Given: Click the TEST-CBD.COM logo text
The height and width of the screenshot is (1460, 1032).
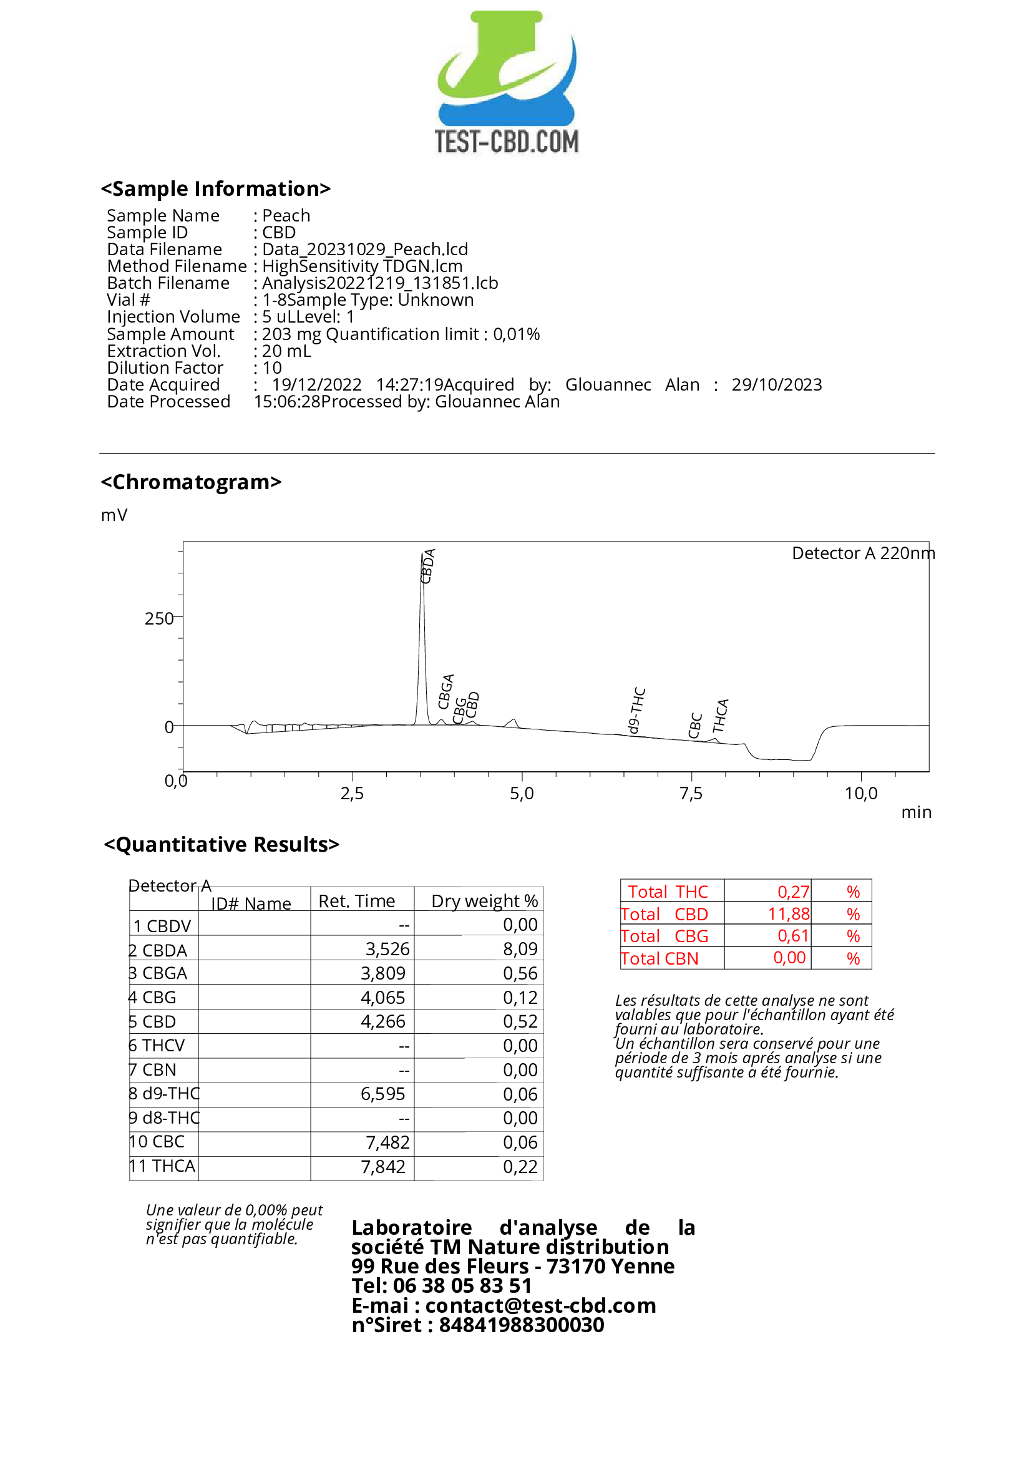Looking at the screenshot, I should tap(507, 142).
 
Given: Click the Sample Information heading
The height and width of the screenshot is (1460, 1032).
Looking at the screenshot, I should tap(215, 189).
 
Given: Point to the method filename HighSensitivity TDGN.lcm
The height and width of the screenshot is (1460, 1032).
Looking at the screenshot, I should tap(362, 266).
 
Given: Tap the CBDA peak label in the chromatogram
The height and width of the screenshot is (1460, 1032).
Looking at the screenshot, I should tap(428, 566).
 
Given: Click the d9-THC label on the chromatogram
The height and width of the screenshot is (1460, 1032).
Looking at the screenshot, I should tap(636, 710).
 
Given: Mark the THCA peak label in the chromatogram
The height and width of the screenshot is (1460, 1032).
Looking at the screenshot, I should tap(720, 716).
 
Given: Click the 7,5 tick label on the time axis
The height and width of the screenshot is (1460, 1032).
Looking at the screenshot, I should tap(691, 794).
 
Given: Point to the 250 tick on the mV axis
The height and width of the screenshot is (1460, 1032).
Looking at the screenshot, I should tap(158, 619).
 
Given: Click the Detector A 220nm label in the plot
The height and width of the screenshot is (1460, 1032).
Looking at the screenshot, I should tap(863, 553).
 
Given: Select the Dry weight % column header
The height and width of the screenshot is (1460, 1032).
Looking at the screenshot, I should tap(485, 901).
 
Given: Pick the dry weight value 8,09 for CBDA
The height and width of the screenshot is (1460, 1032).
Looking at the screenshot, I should tap(520, 950).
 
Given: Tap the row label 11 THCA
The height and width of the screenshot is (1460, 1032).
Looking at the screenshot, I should tap(162, 1166).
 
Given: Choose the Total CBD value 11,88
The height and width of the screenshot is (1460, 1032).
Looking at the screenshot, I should tap(789, 915).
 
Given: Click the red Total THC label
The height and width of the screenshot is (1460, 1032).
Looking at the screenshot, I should tap(668, 892).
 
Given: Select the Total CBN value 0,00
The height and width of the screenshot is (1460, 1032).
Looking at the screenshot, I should tap(789, 958).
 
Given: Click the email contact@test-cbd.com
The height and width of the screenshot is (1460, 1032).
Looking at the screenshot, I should tap(540, 1305).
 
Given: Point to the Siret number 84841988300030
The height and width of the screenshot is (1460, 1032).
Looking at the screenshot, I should tap(522, 1325).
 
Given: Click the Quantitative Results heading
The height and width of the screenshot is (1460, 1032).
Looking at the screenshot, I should tap(221, 844).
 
